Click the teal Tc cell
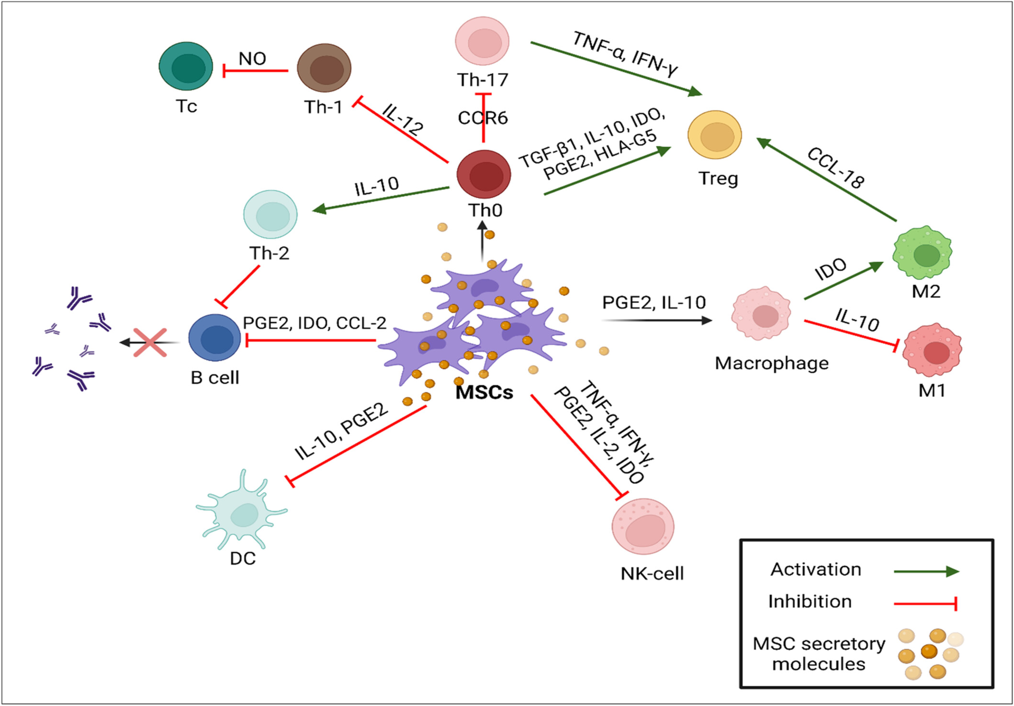186,66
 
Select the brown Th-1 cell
324,68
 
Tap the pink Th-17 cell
482,41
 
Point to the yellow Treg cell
715,135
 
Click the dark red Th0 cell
484,174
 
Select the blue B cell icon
215,338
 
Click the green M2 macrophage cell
923,253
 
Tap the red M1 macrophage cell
932,351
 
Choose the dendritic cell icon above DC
242,512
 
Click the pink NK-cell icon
643,526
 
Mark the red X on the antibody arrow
150,342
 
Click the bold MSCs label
484,392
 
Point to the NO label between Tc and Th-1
252,58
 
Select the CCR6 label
483,118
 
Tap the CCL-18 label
836,168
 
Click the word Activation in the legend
816,569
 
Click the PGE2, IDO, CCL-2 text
315,323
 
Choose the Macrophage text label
772,364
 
